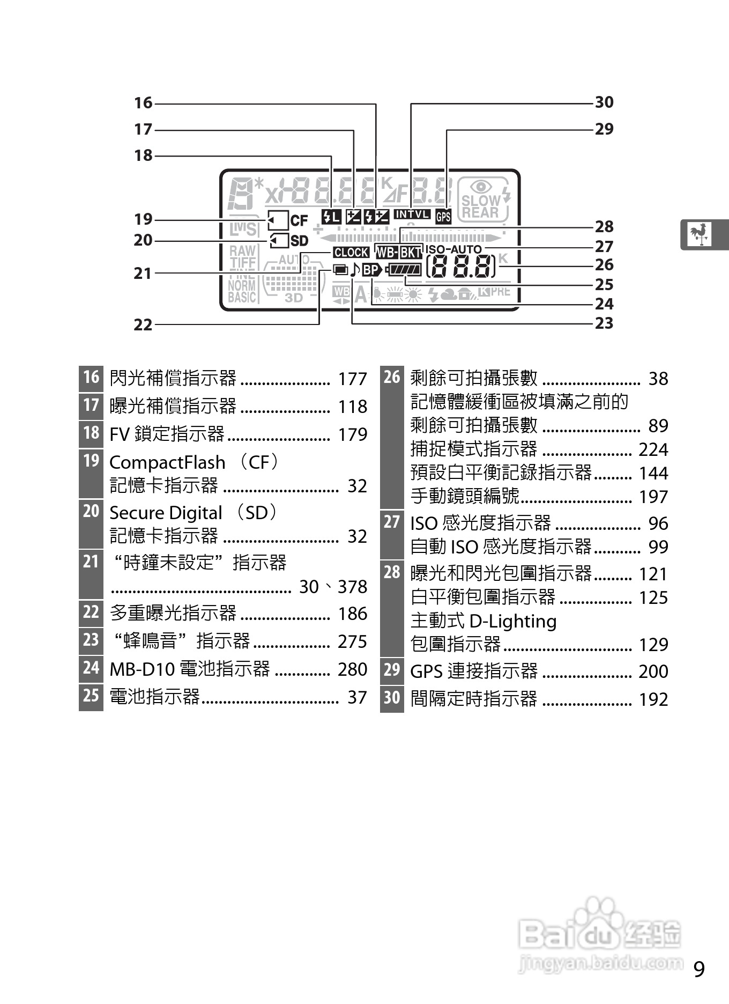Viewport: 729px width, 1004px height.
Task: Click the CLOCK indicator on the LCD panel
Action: pyautogui.click(x=351, y=252)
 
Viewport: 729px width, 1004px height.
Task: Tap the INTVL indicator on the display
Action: pyautogui.click(x=412, y=215)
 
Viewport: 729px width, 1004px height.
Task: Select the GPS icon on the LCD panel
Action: pyautogui.click(x=443, y=217)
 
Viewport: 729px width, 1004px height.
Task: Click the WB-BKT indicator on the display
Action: pyautogui.click(x=399, y=252)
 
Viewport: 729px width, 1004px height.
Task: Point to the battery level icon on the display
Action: pyautogui.click(x=404, y=270)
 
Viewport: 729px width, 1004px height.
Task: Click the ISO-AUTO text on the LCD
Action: pyautogui.click(x=453, y=249)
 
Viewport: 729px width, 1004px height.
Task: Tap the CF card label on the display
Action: pyautogui.click(x=299, y=220)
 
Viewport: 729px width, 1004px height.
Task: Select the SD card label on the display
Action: pyautogui.click(x=299, y=241)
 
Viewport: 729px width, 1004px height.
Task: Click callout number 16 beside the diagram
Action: pyautogui.click(x=143, y=103)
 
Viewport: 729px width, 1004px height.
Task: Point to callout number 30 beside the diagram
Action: pyautogui.click(x=604, y=102)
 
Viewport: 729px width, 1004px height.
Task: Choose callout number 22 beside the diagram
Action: pyautogui.click(x=143, y=324)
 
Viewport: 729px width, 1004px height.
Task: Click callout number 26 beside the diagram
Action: pyautogui.click(x=604, y=264)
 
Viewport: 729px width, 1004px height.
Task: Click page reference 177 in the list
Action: pyautogui.click(x=352, y=379)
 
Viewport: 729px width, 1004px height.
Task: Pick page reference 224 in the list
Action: pyautogui.click(x=653, y=449)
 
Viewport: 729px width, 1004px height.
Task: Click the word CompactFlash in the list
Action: pyautogui.click(x=167, y=462)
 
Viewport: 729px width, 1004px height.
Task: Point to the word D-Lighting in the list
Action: pyautogui.click(x=512, y=621)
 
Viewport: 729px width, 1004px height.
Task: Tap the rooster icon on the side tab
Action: pyautogui.click(x=700, y=234)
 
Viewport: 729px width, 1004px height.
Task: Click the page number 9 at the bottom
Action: pyautogui.click(x=699, y=970)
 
